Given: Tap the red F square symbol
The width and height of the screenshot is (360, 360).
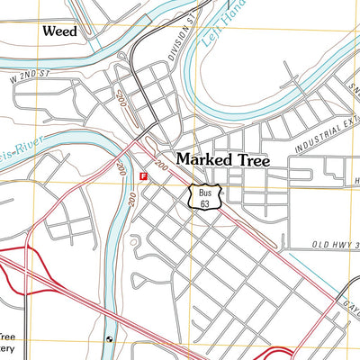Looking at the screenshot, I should click(142, 175).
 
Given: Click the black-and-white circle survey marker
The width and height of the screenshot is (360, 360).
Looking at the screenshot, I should click(109, 339).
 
